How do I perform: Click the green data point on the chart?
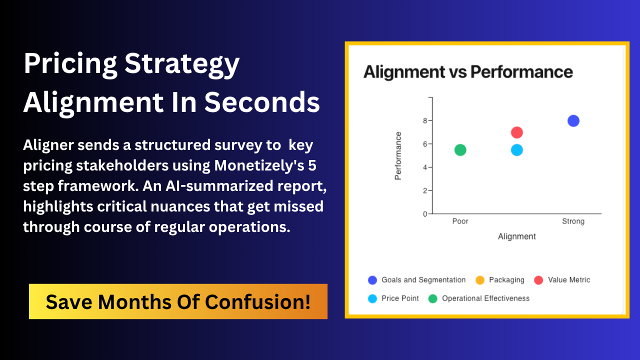(x=460, y=150)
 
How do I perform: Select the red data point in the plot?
(x=517, y=132)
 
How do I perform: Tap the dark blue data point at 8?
(x=573, y=121)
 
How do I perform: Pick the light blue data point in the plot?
(x=517, y=150)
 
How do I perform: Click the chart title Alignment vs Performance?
(x=468, y=71)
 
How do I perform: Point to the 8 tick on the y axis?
(x=425, y=121)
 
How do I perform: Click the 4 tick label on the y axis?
(x=425, y=167)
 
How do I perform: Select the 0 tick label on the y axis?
(x=425, y=214)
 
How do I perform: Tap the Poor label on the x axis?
(x=460, y=221)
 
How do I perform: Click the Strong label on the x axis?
(x=573, y=221)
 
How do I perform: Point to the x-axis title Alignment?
(x=517, y=236)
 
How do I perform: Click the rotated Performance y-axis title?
(x=398, y=155)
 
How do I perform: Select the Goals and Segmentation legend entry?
(x=417, y=280)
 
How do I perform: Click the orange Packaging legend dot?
(x=480, y=280)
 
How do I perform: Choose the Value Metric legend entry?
(x=562, y=280)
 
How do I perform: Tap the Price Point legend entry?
(x=393, y=298)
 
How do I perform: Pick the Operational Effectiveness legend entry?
(x=479, y=298)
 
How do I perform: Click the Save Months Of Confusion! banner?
(x=178, y=301)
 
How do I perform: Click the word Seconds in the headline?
(x=262, y=102)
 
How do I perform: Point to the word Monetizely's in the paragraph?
(x=259, y=165)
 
